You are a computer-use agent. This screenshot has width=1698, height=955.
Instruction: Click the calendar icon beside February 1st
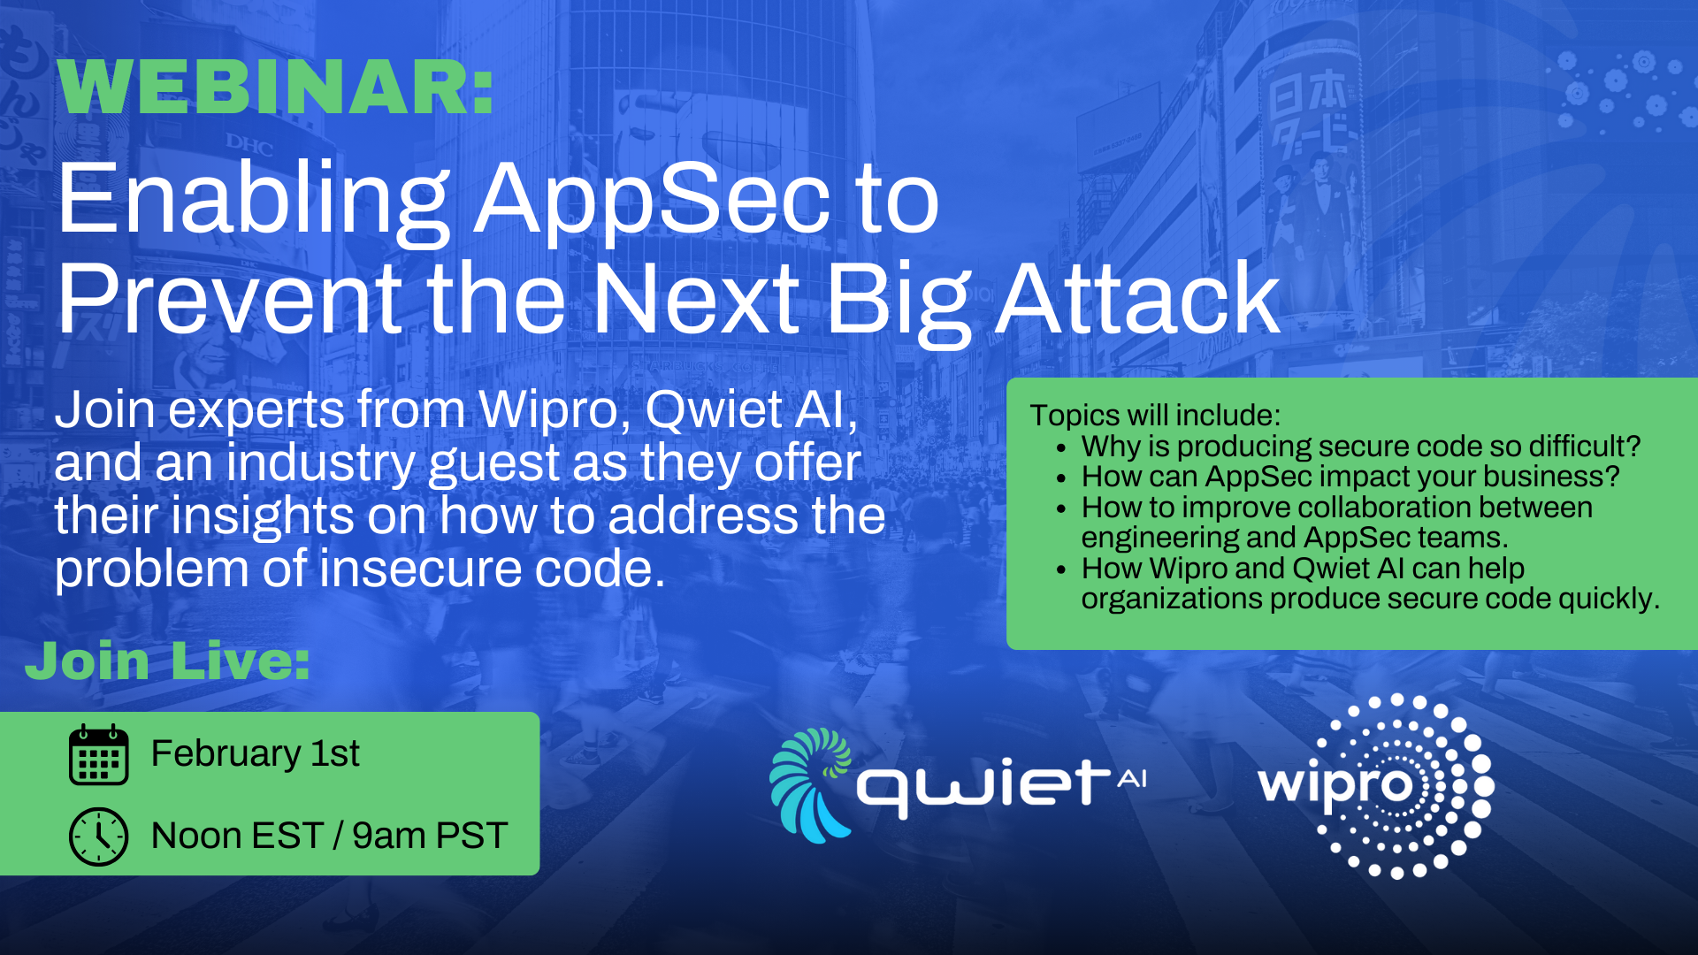tap(98, 755)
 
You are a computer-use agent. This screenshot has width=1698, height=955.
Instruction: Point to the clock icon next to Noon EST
tap(98, 837)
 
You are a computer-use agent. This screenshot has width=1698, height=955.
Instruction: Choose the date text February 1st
tap(255, 753)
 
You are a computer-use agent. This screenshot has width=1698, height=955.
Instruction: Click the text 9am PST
tap(430, 836)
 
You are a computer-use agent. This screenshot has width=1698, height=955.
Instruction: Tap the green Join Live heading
tap(168, 661)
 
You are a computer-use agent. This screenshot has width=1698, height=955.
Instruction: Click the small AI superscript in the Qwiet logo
tap(1132, 778)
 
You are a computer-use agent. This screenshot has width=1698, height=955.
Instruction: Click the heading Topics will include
tap(1155, 416)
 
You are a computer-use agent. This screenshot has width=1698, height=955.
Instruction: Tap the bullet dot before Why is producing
tap(1061, 448)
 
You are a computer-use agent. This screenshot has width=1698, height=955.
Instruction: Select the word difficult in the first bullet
tap(1579, 447)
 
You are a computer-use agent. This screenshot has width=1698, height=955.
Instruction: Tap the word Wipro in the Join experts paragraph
tap(547, 410)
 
